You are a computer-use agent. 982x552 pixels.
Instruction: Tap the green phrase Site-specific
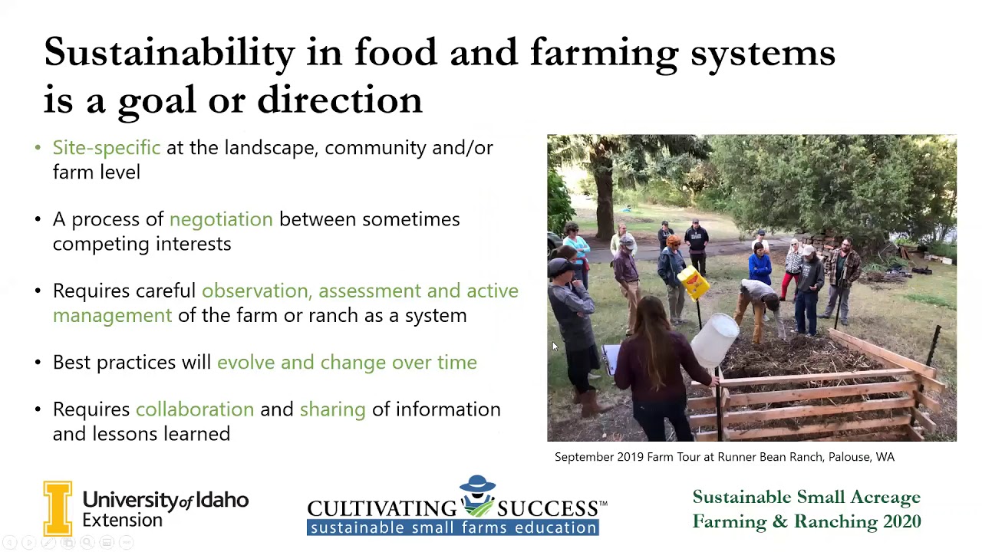(107, 147)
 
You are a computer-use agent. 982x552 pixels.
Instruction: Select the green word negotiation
(221, 219)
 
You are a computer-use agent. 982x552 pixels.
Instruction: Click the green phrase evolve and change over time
(347, 363)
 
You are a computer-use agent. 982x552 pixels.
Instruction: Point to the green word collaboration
(195, 409)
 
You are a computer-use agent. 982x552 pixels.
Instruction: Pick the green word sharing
(332, 409)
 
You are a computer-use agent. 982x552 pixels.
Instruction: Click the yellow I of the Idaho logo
(58, 508)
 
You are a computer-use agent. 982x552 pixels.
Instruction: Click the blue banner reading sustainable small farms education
(453, 527)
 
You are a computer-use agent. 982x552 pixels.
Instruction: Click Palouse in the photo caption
(825, 457)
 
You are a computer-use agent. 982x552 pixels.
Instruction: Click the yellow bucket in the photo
(693, 283)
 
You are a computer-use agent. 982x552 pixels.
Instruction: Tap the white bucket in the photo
(714, 340)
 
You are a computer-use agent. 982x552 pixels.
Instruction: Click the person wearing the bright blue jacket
(760, 264)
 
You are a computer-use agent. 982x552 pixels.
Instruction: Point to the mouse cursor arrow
(555, 347)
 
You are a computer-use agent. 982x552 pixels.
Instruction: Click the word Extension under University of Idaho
(122, 521)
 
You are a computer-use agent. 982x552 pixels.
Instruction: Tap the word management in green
(112, 316)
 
